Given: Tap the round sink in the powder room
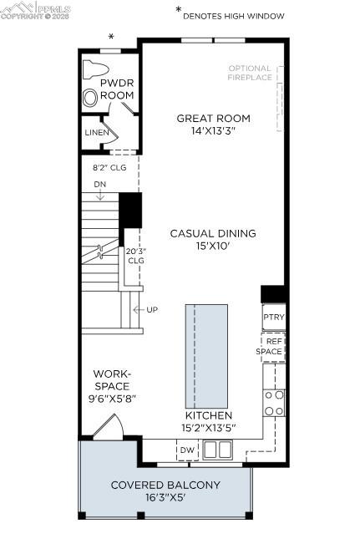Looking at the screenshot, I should coord(90,97).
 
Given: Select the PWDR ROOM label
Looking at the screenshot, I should coord(117,90).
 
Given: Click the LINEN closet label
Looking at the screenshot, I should coord(96,133).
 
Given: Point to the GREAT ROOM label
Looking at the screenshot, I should coord(213,118).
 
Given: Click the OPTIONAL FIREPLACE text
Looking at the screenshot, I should coord(250,73).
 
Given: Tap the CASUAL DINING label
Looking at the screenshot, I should coord(213,233).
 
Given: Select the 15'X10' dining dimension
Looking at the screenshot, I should coord(213,247).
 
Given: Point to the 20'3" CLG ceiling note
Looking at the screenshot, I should coord(135,255).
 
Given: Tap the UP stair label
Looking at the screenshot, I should coord(151,310).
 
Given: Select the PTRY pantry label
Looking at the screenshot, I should coord(273,318).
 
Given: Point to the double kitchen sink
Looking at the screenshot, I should coord(217,450).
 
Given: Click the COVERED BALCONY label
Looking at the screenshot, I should coord(165,485).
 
